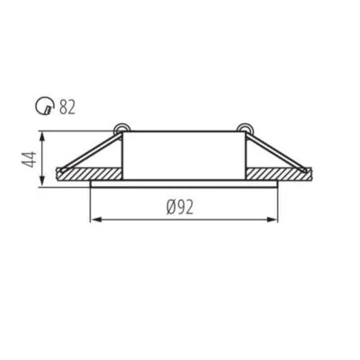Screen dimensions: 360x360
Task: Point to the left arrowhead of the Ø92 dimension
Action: coord(96,219)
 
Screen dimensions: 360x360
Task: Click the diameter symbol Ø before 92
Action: coord(170,206)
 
